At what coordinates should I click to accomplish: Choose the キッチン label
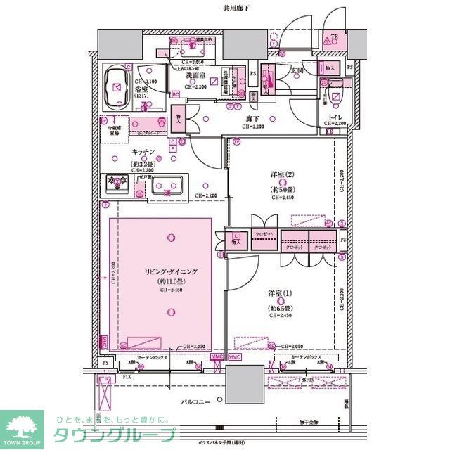pos(142,152)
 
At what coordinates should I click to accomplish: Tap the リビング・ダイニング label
pos(172,271)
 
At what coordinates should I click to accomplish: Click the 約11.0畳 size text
pos(172,282)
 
